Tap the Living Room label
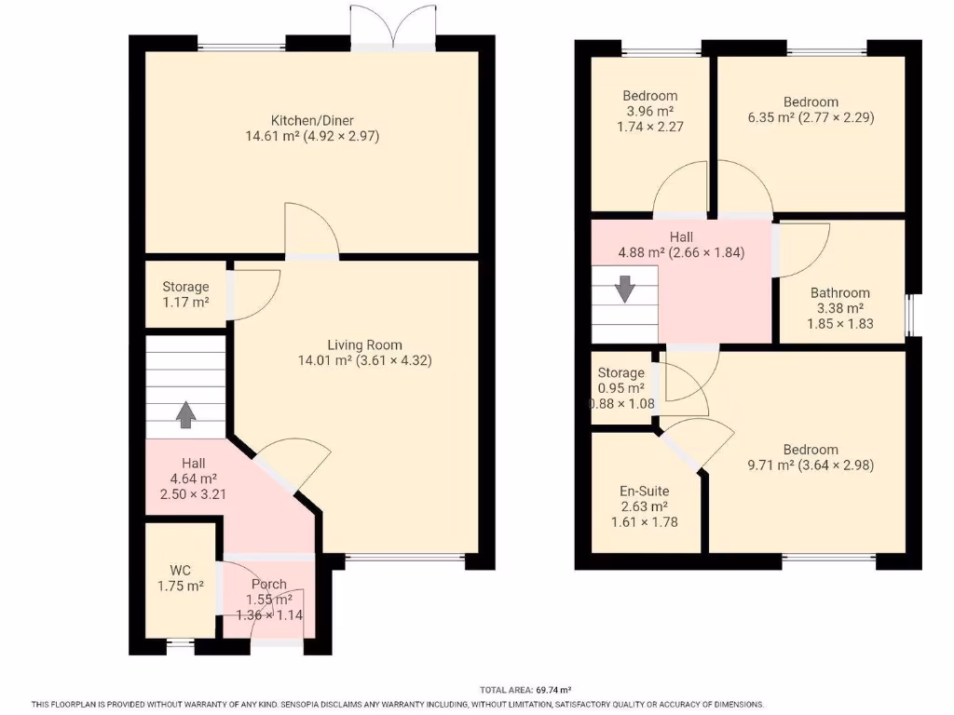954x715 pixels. click(x=364, y=344)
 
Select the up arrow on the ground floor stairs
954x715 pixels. click(x=185, y=414)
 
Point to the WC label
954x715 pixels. click(x=180, y=569)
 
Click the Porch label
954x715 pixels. click(x=268, y=585)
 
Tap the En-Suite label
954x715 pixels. click(x=644, y=491)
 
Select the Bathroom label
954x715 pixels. click(x=839, y=292)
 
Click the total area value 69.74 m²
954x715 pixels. click(x=552, y=690)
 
